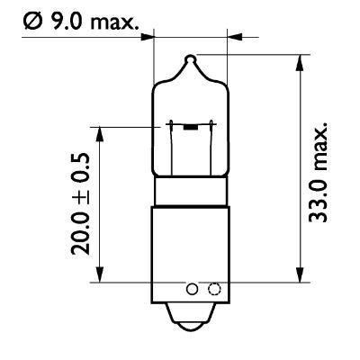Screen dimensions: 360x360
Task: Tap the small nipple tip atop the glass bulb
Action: [x=189, y=60]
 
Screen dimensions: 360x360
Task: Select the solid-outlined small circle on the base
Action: [x=192, y=290]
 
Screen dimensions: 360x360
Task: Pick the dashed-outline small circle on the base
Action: [x=213, y=290]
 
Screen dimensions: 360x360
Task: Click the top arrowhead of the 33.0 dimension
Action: [x=297, y=61]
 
